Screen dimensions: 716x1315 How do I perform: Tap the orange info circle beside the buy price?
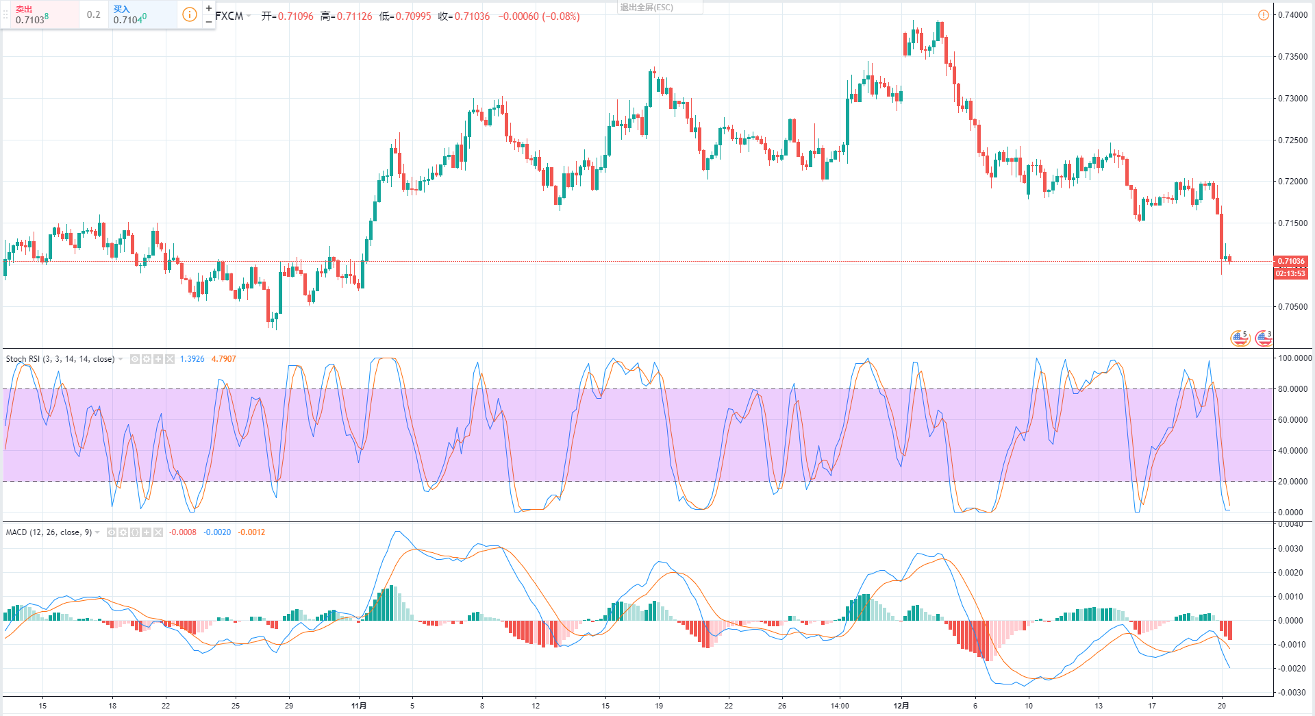point(190,14)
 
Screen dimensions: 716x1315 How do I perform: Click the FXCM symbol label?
point(229,16)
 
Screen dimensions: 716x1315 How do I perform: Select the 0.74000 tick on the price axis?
point(1292,15)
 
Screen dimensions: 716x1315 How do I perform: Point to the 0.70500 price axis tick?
point(1292,307)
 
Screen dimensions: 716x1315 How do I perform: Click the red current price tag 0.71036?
point(1290,261)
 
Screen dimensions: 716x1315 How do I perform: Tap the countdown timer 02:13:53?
point(1290,273)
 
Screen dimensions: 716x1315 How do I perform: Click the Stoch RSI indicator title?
point(60,359)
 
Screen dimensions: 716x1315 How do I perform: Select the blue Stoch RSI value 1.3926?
point(192,359)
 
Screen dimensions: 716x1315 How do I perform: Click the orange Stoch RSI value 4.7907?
point(223,359)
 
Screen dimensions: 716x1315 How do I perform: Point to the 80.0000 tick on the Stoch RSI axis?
point(1292,389)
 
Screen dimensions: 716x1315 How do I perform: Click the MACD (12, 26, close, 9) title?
point(49,532)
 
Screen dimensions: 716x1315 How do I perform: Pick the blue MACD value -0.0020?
point(217,532)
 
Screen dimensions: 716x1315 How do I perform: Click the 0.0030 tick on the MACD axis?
point(1290,549)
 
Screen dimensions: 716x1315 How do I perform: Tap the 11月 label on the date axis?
point(359,706)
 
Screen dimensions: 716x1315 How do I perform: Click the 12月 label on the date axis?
point(901,706)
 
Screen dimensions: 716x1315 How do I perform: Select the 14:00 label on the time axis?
point(840,706)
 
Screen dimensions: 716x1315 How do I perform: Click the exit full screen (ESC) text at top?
point(647,8)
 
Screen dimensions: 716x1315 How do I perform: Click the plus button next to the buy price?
point(209,8)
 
